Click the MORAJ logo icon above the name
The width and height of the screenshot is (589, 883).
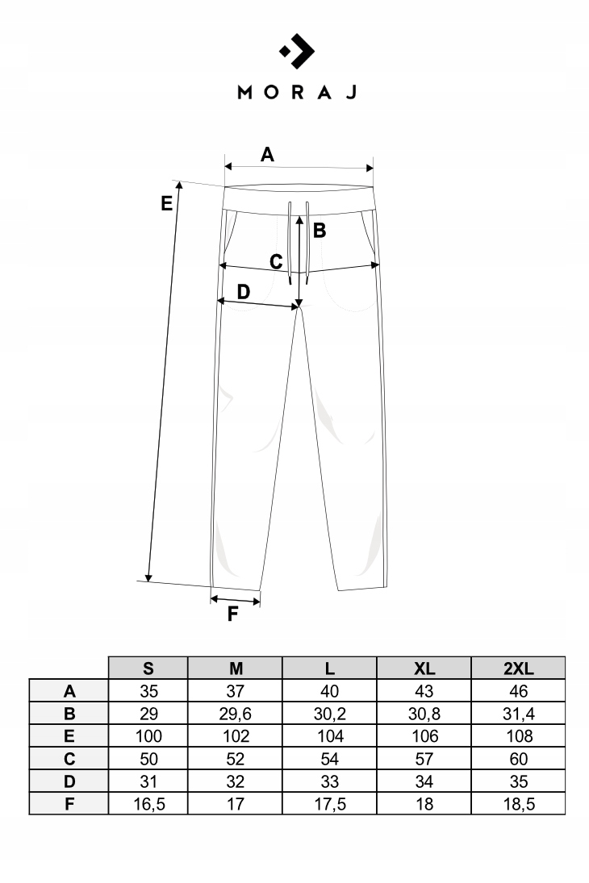click(x=297, y=52)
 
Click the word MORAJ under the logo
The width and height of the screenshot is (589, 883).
click(x=297, y=93)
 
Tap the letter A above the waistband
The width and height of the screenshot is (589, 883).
click(x=267, y=154)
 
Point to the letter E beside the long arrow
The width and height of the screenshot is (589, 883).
click(x=166, y=202)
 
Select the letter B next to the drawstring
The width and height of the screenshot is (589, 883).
click(x=319, y=231)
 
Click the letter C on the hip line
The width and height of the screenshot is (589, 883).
click(x=276, y=262)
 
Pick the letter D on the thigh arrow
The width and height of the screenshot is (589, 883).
click(x=243, y=292)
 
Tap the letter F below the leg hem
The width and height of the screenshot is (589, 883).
click(x=232, y=614)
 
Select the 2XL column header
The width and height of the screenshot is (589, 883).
click(x=518, y=668)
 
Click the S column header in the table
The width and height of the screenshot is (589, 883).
click(x=148, y=668)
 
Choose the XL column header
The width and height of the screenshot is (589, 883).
click(x=424, y=668)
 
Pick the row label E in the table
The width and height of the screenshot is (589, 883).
click(x=69, y=736)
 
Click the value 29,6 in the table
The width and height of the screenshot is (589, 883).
click(x=236, y=714)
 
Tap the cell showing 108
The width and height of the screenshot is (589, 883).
click(x=519, y=736)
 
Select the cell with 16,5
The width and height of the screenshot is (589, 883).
click(x=148, y=804)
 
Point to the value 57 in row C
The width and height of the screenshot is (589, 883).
click(x=424, y=759)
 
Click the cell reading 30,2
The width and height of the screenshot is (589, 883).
click(x=330, y=714)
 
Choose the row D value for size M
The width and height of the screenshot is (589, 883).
click(x=236, y=781)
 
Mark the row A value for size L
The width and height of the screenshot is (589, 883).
click(x=330, y=691)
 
